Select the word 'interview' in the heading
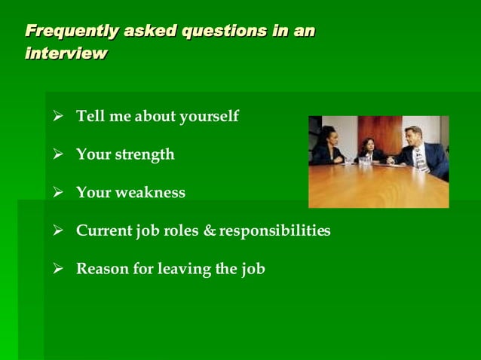(66, 54)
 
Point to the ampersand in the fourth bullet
(210, 230)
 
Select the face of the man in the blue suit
(413, 138)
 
